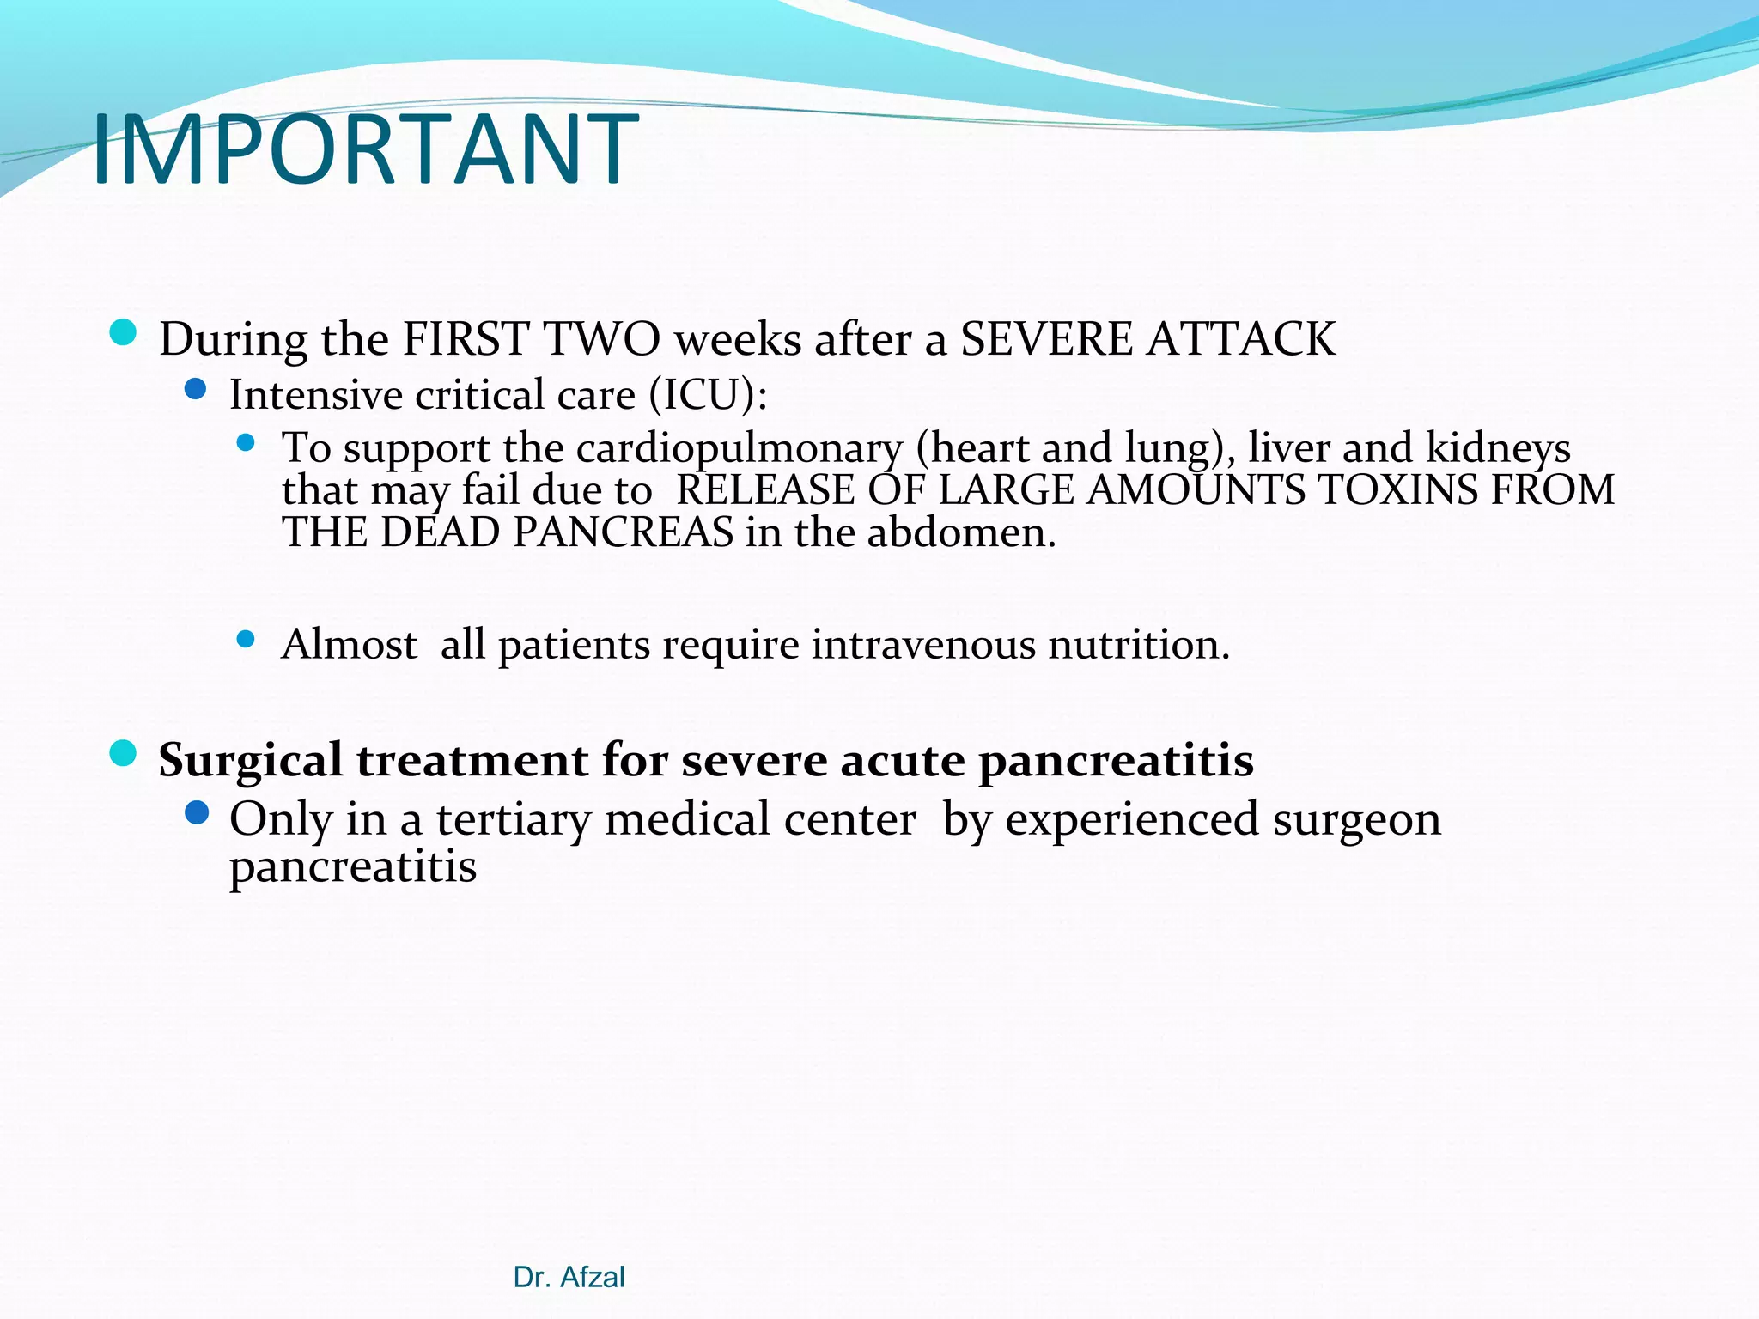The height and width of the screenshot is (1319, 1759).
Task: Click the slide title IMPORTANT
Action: point(365,150)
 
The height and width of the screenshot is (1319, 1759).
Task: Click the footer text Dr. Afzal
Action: point(569,1277)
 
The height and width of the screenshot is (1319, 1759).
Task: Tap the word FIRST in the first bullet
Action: point(465,339)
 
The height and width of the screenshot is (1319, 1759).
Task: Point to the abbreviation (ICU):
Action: point(708,395)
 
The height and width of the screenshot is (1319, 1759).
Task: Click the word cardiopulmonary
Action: point(740,449)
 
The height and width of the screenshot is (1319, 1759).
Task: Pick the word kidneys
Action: point(1498,449)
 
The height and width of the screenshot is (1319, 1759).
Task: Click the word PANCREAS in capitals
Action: point(624,532)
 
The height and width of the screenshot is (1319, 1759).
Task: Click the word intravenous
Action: point(923,644)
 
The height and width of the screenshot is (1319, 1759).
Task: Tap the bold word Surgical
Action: point(250,761)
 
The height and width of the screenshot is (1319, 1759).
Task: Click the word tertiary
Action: point(513,819)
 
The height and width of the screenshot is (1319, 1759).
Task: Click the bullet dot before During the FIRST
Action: point(124,332)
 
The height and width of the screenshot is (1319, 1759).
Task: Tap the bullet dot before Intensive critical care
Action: point(196,390)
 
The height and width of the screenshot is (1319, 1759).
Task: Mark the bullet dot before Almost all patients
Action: point(246,639)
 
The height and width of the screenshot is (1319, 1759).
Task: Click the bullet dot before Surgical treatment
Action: point(124,754)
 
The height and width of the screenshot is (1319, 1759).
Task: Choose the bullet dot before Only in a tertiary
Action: point(196,812)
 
